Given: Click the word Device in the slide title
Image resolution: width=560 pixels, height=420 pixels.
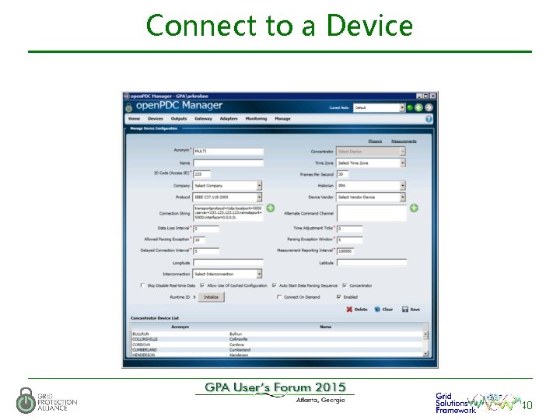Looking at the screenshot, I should [x=369, y=26].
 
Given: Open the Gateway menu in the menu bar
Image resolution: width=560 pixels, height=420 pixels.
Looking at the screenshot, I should [x=203, y=119].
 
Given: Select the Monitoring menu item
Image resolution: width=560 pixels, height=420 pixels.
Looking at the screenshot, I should [x=256, y=119].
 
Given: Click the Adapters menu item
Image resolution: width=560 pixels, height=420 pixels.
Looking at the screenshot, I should [x=229, y=119].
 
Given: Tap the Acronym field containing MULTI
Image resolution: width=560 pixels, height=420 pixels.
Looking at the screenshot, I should [x=228, y=151].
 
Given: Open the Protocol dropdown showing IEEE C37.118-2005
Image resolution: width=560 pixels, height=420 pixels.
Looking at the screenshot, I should [x=227, y=197].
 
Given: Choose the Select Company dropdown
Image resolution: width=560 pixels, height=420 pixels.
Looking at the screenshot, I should [x=227, y=186].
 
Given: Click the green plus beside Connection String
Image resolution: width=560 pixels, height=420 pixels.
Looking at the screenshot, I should [x=271, y=208].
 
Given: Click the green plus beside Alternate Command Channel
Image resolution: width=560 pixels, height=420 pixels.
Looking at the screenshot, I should [x=414, y=208].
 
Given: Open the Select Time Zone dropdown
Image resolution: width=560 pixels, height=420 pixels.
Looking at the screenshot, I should [x=370, y=163].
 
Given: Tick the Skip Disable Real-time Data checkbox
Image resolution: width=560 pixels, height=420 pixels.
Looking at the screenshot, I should [x=142, y=285].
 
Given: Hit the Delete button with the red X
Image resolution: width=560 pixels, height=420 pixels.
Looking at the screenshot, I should [x=357, y=309].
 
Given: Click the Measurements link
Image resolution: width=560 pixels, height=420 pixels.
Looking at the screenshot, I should [x=404, y=141].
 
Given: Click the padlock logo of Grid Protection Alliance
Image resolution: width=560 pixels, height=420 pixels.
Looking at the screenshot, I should [x=26, y=400].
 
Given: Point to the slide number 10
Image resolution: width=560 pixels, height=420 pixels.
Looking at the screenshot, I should [x=527, y=405].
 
